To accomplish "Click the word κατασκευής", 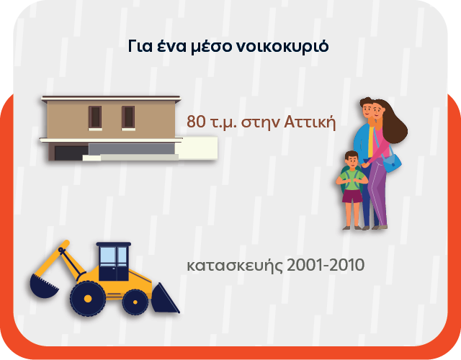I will coord(233,266).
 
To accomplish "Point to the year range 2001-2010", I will coord(325,265).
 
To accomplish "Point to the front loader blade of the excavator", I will coord(165,298).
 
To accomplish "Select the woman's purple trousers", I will coord(379,198).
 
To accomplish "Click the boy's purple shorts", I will coord(352,196).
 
